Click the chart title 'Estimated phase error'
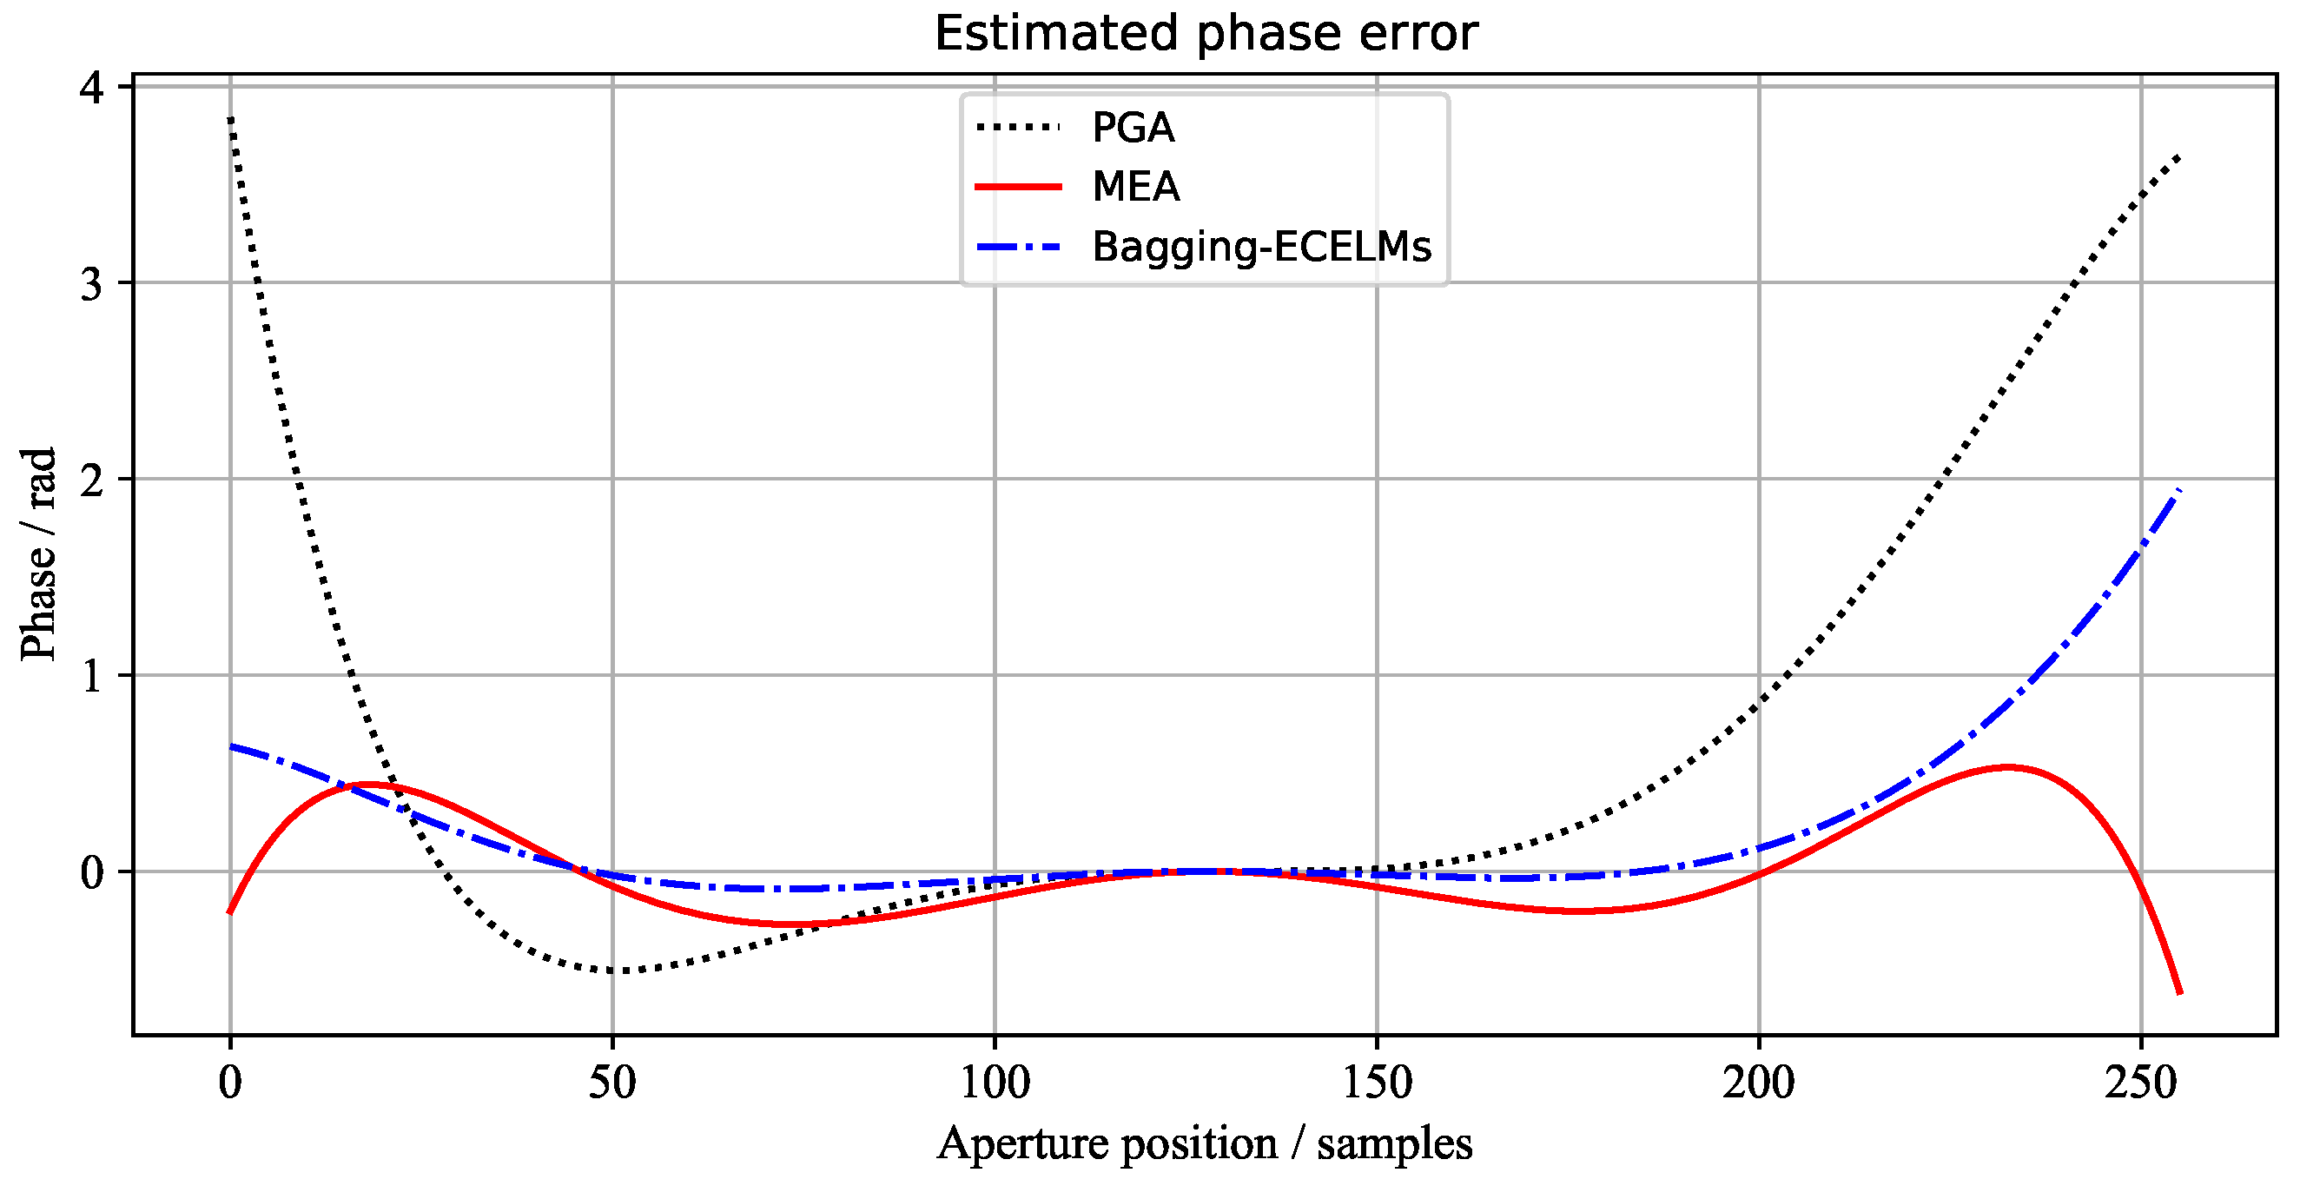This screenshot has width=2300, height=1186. [1206, 34]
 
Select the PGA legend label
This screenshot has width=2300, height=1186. [1133, 128]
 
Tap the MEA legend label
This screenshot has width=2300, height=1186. [1136, 187]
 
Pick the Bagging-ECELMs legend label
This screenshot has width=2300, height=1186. [1261, 247]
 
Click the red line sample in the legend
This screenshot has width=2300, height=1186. [1018, 187]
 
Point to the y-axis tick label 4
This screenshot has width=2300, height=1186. [92, 89]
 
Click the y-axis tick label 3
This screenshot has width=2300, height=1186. [92, 285]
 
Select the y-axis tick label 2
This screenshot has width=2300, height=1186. [92, 481]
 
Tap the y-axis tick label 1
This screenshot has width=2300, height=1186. [92, 677]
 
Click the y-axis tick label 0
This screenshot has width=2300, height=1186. [92, 872]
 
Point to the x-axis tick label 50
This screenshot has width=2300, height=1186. [612, 1083]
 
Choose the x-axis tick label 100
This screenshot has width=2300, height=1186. [995, 1083]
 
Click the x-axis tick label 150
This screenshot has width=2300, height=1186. [1377, 1083]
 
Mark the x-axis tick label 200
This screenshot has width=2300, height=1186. [1758, 1083]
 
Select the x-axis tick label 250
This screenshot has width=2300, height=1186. [2140, 1083]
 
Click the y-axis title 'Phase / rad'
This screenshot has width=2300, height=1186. [39, 553]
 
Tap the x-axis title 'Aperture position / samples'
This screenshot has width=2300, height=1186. [1205, 1144]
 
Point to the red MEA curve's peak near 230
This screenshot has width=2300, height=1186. [2008, 767]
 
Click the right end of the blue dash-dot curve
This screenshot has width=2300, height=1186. [2179, 490]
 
